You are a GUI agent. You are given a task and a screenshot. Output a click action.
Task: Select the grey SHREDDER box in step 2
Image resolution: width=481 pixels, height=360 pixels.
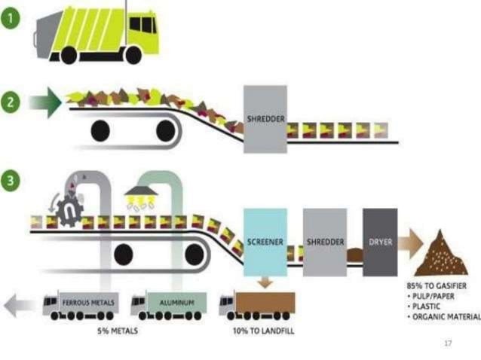coord(265,118)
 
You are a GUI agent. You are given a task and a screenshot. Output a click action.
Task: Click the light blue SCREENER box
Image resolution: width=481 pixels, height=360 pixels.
coord(265,243)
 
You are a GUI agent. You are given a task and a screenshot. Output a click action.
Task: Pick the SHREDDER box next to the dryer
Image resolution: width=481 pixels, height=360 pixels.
coord(324,243)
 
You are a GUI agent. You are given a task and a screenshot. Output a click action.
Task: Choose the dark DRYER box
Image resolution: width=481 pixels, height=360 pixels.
coord(379,243)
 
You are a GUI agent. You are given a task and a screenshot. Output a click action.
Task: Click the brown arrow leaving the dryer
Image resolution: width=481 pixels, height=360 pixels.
coord(410,243)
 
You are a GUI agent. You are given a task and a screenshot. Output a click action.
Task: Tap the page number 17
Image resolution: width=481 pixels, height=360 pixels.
coord(448,343)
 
